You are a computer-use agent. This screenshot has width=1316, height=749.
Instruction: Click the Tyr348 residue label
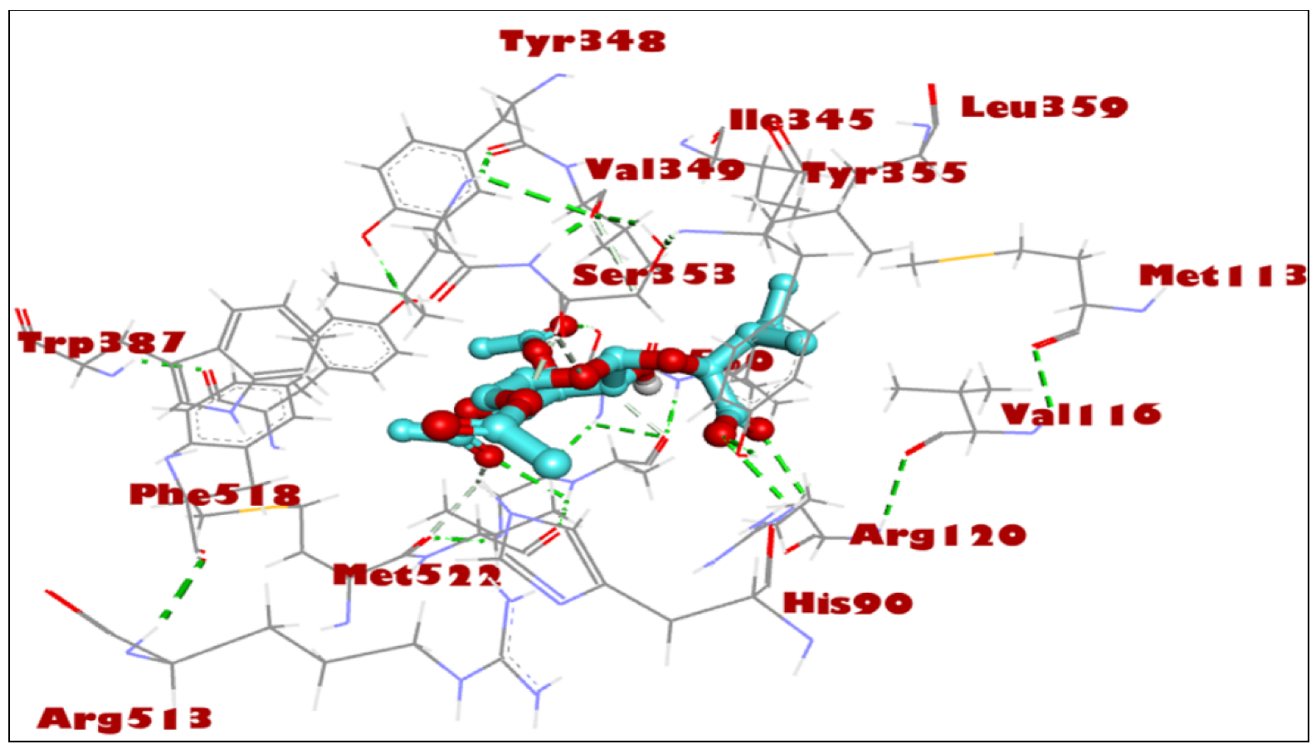pyautogui.click(x=582, y=41)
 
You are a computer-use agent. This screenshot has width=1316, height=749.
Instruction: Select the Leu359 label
pyautogui.click(x=1044, y=107)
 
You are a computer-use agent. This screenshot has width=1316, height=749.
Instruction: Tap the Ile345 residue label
pyautogui.click(x=801, y=120)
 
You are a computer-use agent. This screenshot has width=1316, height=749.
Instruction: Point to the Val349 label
pyautogui.click(x=665, y=170)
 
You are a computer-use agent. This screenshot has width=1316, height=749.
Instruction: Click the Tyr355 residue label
pyautogui.click(x=885, y=173)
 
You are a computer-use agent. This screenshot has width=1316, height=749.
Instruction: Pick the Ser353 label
pyautogui.click(x=654, y=275)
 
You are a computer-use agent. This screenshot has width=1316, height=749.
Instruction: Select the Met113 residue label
pyautogui.click(x=1221, y=275)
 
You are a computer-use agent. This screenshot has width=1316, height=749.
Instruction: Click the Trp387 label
pyautogui.click(x=101, y=343)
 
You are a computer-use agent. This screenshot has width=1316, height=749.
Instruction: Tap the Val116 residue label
pyautogui.click(x=1080, y=415)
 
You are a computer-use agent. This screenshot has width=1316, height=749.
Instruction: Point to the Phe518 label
pyautogui.click(x=214, y=495)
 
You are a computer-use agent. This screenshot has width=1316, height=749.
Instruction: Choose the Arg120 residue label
pyautogui.click(x=938, y=535)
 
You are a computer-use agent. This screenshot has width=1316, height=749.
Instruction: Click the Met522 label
pyautogui.click(x=417, y=575)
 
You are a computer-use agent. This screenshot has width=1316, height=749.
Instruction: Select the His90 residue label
pyautogui.click(x=847, y=603)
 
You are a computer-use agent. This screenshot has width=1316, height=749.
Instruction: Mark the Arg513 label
pyautogui.click(x=124, y=718)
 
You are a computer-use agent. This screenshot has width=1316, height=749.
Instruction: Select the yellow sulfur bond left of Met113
pyautogui.click(x=964, y=258)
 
